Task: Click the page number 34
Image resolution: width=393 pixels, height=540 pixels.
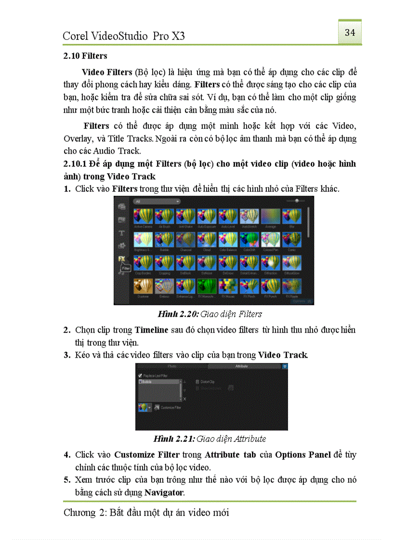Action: click(x=350, y=33)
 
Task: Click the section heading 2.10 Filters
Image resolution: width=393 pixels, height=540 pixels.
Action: click(x=85, y=56)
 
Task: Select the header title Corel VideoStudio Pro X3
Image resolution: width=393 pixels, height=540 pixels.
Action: click(x=124, y=36)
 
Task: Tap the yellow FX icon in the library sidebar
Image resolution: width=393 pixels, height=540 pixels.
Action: click(x=122, y=258)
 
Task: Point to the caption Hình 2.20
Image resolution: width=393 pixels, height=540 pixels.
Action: click(x=175, y=314)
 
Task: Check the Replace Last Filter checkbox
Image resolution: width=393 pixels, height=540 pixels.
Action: click(x=140, y=376)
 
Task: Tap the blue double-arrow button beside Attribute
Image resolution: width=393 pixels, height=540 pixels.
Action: click(x=285, y=366)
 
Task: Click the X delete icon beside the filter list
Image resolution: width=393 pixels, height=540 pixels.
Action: click(x=185, y=399)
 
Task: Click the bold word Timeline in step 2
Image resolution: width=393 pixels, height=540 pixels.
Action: click(x=151, y=330)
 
